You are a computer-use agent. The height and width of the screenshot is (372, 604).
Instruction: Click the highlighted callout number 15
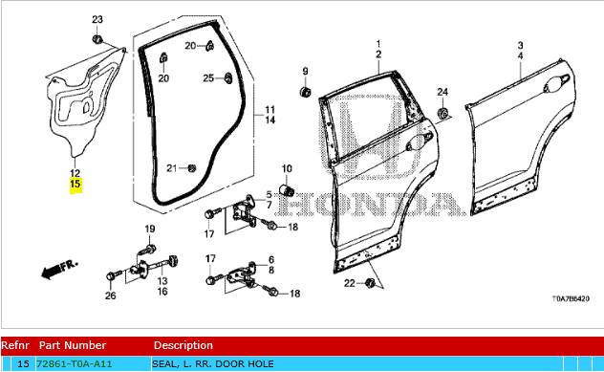click(x=75, y=184)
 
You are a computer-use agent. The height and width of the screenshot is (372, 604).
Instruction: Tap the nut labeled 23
click(x=97, y=39)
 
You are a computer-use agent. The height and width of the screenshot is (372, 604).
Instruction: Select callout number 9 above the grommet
click(x=305, y=72)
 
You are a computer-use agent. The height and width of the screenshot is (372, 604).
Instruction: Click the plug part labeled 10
click(x=287, y=189)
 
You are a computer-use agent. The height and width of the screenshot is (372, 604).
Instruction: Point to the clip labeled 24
click(x=442, y=114)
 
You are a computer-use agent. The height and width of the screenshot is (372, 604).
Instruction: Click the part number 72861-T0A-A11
click(x=75, y=364)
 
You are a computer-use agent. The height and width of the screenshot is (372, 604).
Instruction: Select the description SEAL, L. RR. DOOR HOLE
click(x=213, y=364)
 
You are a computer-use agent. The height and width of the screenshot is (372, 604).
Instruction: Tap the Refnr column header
click(x=15, y=345)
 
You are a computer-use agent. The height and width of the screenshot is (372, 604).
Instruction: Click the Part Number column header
click(x=73, y=345)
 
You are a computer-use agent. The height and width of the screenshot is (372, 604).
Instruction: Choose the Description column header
click(x=183, y=345)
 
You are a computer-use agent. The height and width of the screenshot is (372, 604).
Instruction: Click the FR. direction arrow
click(x=59, y=269)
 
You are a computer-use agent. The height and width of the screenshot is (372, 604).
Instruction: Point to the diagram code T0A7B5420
click(x=571, y=298)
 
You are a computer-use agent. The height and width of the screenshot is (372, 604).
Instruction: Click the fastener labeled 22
click(x=370, y=282)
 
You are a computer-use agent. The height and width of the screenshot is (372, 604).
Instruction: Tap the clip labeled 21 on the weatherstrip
click(x=191, y=168)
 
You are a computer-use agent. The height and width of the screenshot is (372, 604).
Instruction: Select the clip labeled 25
click(x=228, y=77)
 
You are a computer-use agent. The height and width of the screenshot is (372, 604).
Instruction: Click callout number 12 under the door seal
click(x=75, y=173)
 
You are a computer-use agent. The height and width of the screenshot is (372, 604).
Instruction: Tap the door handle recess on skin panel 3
click(x=556, y=83)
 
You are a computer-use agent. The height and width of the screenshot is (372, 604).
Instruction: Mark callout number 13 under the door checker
click(x=162, y=281)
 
